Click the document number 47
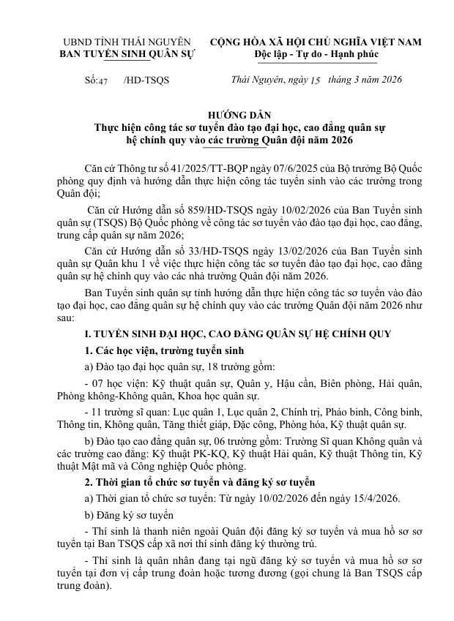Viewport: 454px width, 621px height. (103, 80)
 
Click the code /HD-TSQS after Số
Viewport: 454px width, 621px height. (146, 80)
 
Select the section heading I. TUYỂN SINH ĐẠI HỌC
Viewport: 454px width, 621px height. (146, 334)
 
